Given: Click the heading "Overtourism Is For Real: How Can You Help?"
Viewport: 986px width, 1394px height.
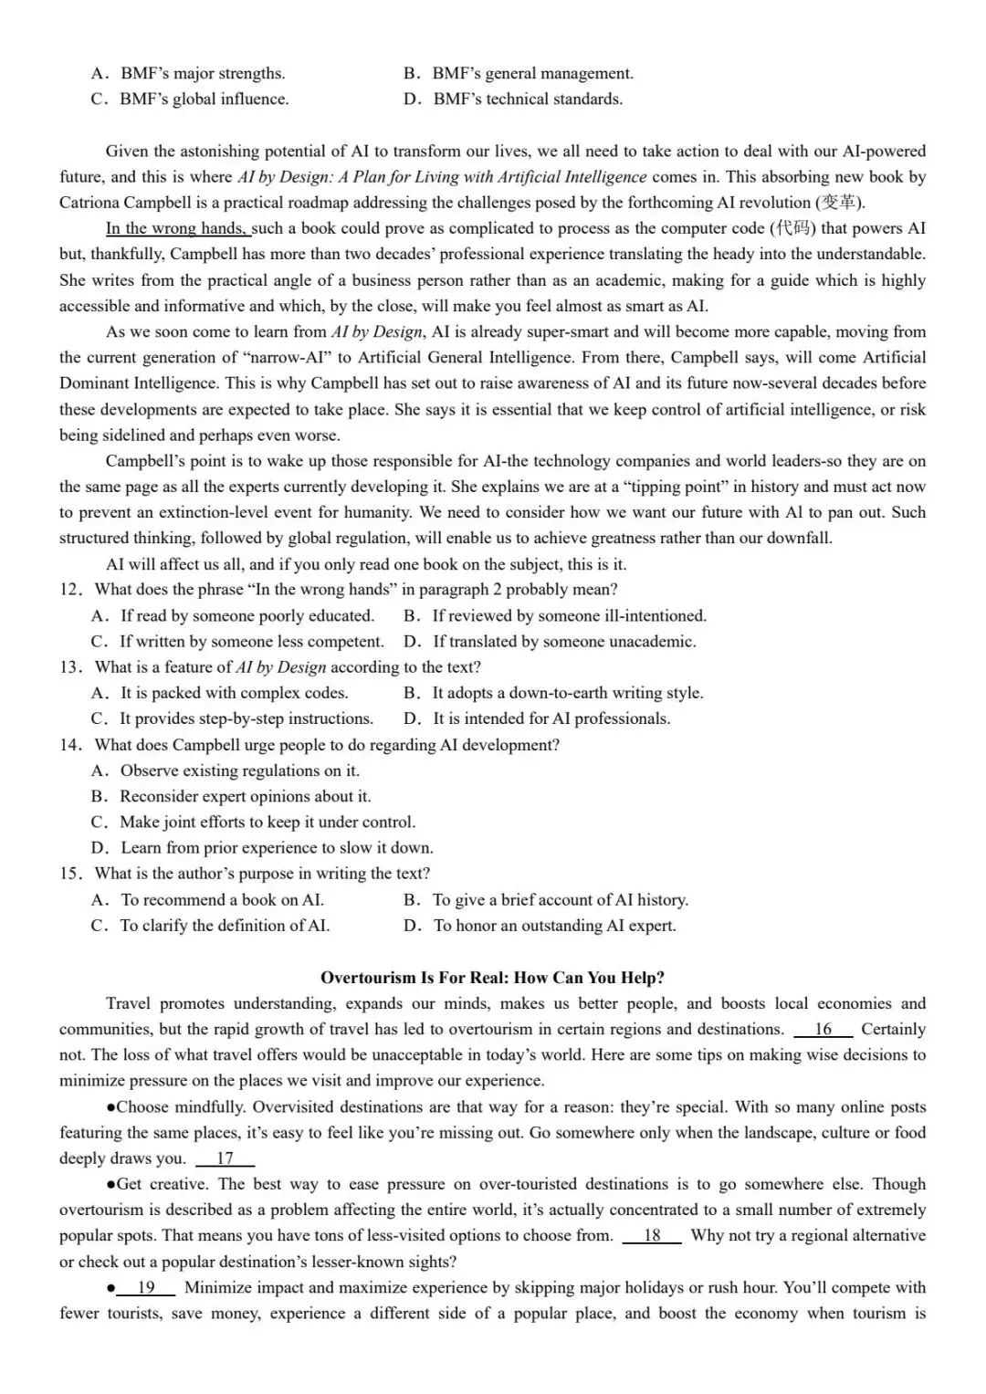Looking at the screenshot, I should pos(492,978).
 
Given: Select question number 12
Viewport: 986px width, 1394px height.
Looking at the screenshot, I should pos(71,590).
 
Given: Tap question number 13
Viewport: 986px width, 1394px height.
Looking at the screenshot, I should pos(71,667).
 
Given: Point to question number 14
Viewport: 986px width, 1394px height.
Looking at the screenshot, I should pos(71,745).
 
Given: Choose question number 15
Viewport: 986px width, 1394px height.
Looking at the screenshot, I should pos(71,874).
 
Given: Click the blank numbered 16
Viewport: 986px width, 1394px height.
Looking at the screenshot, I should pos(823,1030).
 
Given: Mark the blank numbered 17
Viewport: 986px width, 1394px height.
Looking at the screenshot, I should pos(225,1158).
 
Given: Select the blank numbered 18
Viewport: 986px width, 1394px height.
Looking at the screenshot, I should pos(652,1236).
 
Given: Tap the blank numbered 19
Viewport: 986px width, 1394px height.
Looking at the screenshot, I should pos(146,1288).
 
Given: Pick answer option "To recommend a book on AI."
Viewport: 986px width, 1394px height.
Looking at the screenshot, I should pos(222,900).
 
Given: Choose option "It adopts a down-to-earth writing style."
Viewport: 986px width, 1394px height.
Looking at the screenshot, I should pos(567,693).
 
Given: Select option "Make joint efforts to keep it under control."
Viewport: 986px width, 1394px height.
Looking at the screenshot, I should pos(267,823).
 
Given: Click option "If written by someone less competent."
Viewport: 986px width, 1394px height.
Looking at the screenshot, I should pos(251,642).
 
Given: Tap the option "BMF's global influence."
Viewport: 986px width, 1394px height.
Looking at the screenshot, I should pos(204,100).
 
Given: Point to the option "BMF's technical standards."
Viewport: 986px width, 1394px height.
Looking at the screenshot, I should pos(527,100).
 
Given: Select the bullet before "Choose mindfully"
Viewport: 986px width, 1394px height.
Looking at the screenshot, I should pos(110,1107).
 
